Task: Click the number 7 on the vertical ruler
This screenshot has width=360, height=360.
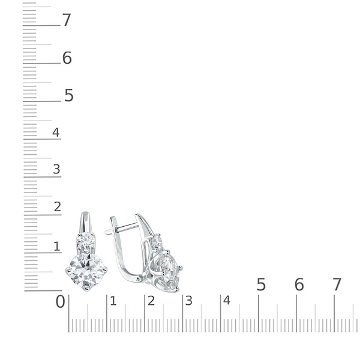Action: pos(67,20)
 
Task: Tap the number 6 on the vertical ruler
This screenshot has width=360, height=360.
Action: pos(67,58)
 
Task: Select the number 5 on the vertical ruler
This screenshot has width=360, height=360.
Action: pos(68,95)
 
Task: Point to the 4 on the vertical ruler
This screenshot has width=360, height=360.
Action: pos(56,132)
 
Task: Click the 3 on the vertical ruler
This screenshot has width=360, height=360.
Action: pos(56,169)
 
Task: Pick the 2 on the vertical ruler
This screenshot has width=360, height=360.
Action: pos(58,206)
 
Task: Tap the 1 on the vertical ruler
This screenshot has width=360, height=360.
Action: pos(57,247)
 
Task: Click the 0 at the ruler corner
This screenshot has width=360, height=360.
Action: pos(61,301)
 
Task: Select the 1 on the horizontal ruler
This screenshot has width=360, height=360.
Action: pos(113,301)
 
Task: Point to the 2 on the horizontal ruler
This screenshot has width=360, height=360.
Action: pos(151,301)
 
